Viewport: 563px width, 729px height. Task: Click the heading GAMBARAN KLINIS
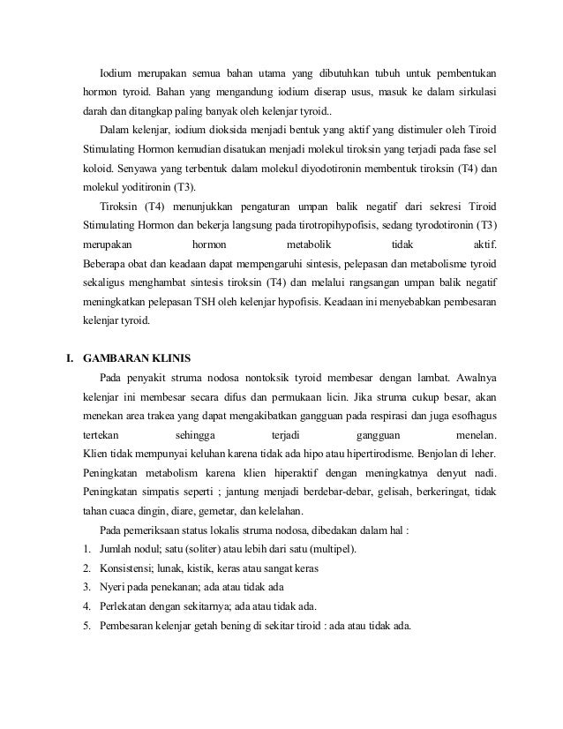pos(142,358)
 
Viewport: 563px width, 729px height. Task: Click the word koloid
pos(99,169)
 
